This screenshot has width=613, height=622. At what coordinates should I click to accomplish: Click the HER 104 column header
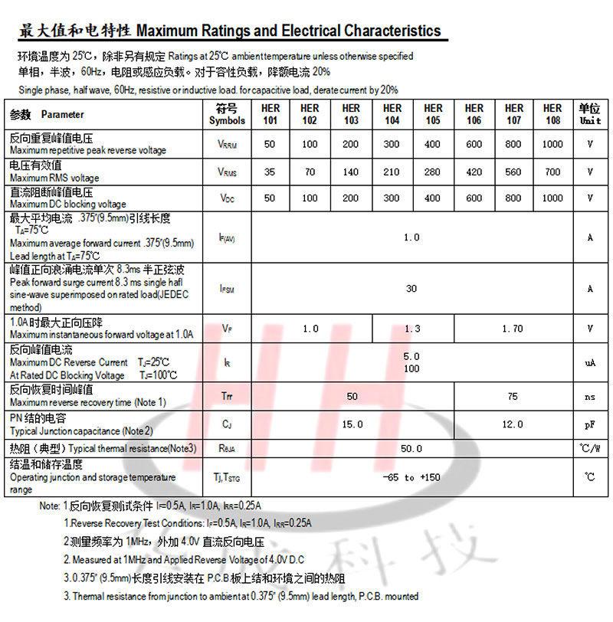pos(392,114)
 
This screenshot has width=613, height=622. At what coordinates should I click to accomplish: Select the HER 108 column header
pos(552,114)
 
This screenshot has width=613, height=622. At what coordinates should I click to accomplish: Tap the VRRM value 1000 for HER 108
pos(552,144)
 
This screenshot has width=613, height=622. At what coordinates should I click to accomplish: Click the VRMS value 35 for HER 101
pos(270,172)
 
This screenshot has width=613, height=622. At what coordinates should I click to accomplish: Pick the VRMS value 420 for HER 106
pos(474,172)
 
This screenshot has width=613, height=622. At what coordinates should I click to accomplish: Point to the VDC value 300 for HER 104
pos(392,198)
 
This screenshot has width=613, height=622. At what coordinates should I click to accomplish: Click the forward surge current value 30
pos(411,289)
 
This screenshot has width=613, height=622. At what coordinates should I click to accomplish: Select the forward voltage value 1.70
pos(512,329)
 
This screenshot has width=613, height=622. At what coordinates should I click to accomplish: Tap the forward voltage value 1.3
pos(412,329)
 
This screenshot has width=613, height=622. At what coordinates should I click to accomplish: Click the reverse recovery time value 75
pos(512,397)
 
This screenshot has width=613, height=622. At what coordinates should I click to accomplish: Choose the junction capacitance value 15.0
pos(352,424)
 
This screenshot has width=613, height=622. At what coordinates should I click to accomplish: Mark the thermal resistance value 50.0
pos(411,448)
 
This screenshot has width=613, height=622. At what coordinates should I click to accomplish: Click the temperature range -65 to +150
pos(411,477)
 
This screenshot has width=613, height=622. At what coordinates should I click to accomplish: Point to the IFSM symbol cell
pos(227,289)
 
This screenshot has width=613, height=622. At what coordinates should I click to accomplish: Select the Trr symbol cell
pos(227,397)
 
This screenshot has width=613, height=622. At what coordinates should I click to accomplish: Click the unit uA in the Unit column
pos(590,362)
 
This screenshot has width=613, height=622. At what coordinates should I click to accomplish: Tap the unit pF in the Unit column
pos(590,424)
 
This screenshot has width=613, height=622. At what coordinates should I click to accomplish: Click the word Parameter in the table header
pos(63,115)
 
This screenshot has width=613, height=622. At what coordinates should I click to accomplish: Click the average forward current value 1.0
pos(411,237)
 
